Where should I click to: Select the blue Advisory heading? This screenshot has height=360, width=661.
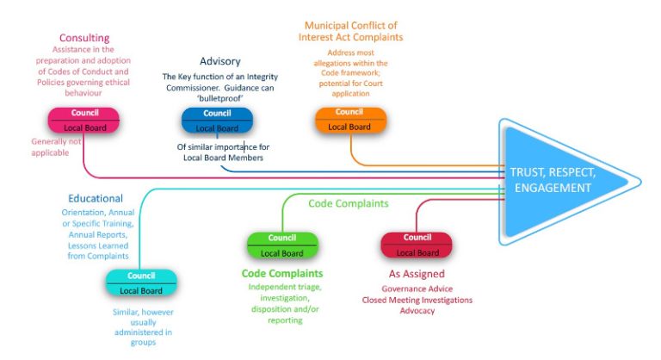click(x=219, y=61)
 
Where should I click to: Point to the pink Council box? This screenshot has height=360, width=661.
click(x=83, y=114)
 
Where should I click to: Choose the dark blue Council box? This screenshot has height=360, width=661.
click(x=217, y=114)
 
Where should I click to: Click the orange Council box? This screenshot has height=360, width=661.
click(x=349, y=113)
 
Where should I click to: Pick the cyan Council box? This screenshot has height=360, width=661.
click(x=140, y=276)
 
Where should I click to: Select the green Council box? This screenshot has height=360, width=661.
click(x=282, y=239)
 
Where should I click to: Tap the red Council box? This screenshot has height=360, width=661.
click(x=417, y=238)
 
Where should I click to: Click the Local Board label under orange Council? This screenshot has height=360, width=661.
click(x=349, y=127)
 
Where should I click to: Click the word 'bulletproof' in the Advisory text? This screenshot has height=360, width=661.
click(x=220, y=99)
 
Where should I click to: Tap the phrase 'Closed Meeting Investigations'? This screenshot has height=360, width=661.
click(x=417, y=300)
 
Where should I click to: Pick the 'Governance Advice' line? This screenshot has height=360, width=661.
click(x=417, y=289)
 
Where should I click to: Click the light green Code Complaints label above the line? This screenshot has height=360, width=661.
click(x=348, y=203)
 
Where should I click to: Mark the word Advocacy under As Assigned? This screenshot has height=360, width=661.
click(x=417, y=311)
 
